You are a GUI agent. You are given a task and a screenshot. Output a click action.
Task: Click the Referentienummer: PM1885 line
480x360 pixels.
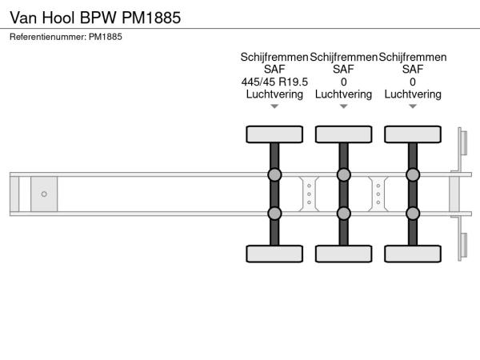click(x=66, y=37)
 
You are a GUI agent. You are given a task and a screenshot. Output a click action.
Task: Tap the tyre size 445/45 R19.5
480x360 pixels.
click(x=274, y=82)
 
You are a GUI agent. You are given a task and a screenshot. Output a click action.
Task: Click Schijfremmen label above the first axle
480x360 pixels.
click(x=274, y=58)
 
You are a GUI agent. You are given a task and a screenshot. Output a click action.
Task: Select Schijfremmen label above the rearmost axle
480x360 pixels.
click(x=413, y=58)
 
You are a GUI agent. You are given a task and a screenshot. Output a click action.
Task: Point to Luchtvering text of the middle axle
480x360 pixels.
click(x=343, y=94)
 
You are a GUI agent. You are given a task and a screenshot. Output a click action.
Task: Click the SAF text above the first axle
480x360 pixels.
click(x=274, y=70)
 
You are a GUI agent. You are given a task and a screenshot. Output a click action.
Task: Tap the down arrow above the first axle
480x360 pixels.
click(x=274, y=106)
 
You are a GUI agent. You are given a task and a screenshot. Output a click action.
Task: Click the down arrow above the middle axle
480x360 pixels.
click(x=343, y=106)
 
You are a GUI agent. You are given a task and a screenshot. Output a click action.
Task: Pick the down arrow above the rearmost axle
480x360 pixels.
click(x=413, y=106)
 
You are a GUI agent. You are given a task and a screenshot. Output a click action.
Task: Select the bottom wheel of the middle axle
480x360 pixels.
click(x=343, y=254)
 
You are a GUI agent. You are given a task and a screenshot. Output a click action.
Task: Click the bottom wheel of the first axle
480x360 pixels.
click(x=274, y=254)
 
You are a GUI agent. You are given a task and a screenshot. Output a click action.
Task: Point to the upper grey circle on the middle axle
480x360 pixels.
click(x=343, y=175)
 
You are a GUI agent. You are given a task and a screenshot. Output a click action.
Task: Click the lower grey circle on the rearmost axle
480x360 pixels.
click(x=413, y=213)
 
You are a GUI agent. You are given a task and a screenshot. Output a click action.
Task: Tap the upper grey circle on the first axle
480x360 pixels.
click(x=274, y=175)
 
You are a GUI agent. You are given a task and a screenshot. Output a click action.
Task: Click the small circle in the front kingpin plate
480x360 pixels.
click(x=44, y=194)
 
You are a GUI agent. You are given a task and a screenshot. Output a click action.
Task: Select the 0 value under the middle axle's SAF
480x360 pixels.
click(x=343, y=82)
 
